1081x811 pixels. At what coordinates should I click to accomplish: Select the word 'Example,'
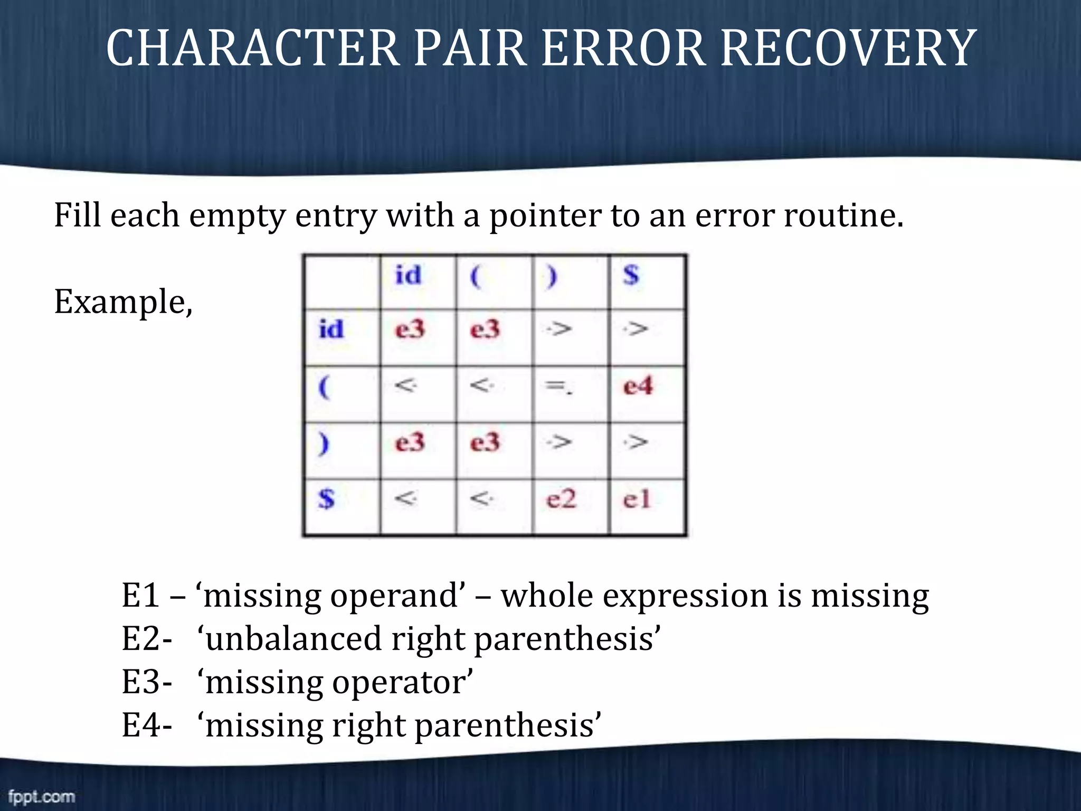click(x=124, y=302)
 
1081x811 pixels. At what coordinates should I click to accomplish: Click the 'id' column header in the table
click(x=409, y=276)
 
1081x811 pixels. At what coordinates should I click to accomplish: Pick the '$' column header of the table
click(x=631, y=276)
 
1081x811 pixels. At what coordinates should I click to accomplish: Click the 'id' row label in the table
click(x=331, y=330)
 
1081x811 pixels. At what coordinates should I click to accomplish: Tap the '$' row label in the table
click(x=327, y=499)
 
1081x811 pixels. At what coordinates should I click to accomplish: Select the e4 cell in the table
click(x=638, y=386)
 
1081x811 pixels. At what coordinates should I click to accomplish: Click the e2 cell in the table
click(x=561, y=499)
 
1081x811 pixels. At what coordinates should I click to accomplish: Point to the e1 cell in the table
click(x=637, y=499)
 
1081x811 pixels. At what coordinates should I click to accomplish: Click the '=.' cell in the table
click(x=558, y=387)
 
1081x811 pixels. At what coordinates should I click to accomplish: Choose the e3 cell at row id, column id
click(x=410, y=330)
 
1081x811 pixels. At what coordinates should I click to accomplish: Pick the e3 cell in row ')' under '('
click(x=485, y=442)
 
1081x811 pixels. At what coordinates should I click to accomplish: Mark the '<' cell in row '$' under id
click(x=406, y=498)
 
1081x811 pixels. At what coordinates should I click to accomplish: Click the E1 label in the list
click(x=141, y=596)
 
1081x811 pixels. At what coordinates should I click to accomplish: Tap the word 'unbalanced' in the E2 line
click(x=293, y=639)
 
